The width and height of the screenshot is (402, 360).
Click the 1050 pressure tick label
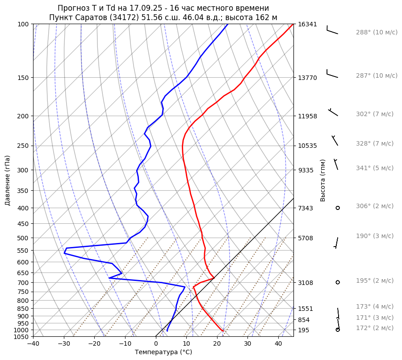point(22,337)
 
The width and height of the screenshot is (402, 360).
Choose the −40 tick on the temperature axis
point(33,344)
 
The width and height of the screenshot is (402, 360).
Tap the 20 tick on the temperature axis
point(217,344)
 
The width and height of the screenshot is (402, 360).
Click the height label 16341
point(307,24)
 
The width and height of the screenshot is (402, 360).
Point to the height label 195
point(304,330)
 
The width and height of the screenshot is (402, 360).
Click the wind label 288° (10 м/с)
point(377,33)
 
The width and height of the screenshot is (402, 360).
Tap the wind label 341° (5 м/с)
point(375,168)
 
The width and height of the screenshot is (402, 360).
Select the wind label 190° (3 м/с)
point(375,236)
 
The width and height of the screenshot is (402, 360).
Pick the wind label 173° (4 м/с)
point(375,307)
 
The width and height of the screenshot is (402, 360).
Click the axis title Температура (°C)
point(163,352)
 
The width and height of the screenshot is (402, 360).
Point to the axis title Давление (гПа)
point(8,180)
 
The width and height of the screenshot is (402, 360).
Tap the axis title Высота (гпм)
point(323,180)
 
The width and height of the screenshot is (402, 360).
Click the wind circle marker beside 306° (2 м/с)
point(338,208)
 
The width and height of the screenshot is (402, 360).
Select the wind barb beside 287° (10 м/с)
point(332,74)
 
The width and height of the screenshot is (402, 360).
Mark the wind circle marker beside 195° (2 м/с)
point(338,282)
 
